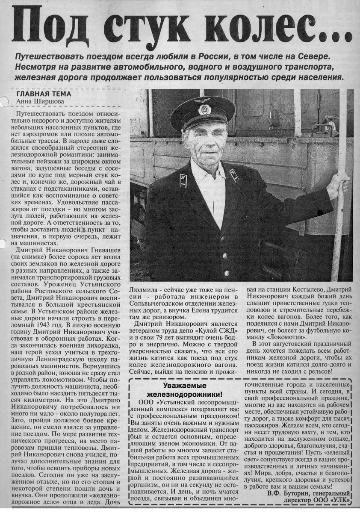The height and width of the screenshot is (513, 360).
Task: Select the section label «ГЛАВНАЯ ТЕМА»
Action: [44, 94]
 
